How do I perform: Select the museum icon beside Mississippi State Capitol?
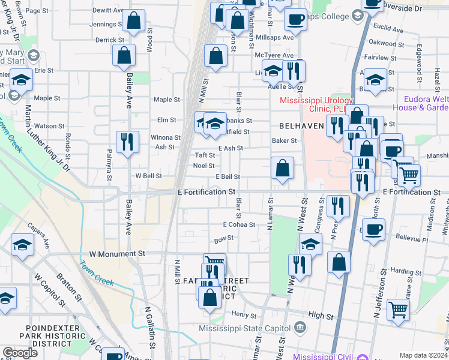[x=301, y=328]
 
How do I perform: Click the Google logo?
[x=20, y=353]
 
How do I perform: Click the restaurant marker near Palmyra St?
[x=127, y=142]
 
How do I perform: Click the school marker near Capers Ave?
[x=22, y=245]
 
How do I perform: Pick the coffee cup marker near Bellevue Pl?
[x=373, y=229]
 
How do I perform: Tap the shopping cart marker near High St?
[x=398, y=310]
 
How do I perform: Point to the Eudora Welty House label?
[x=420, y=103]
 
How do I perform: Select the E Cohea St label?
[x=239, y=224]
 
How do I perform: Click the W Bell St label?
[x=148, y=176]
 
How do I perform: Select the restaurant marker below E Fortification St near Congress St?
[x=338, y=206]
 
